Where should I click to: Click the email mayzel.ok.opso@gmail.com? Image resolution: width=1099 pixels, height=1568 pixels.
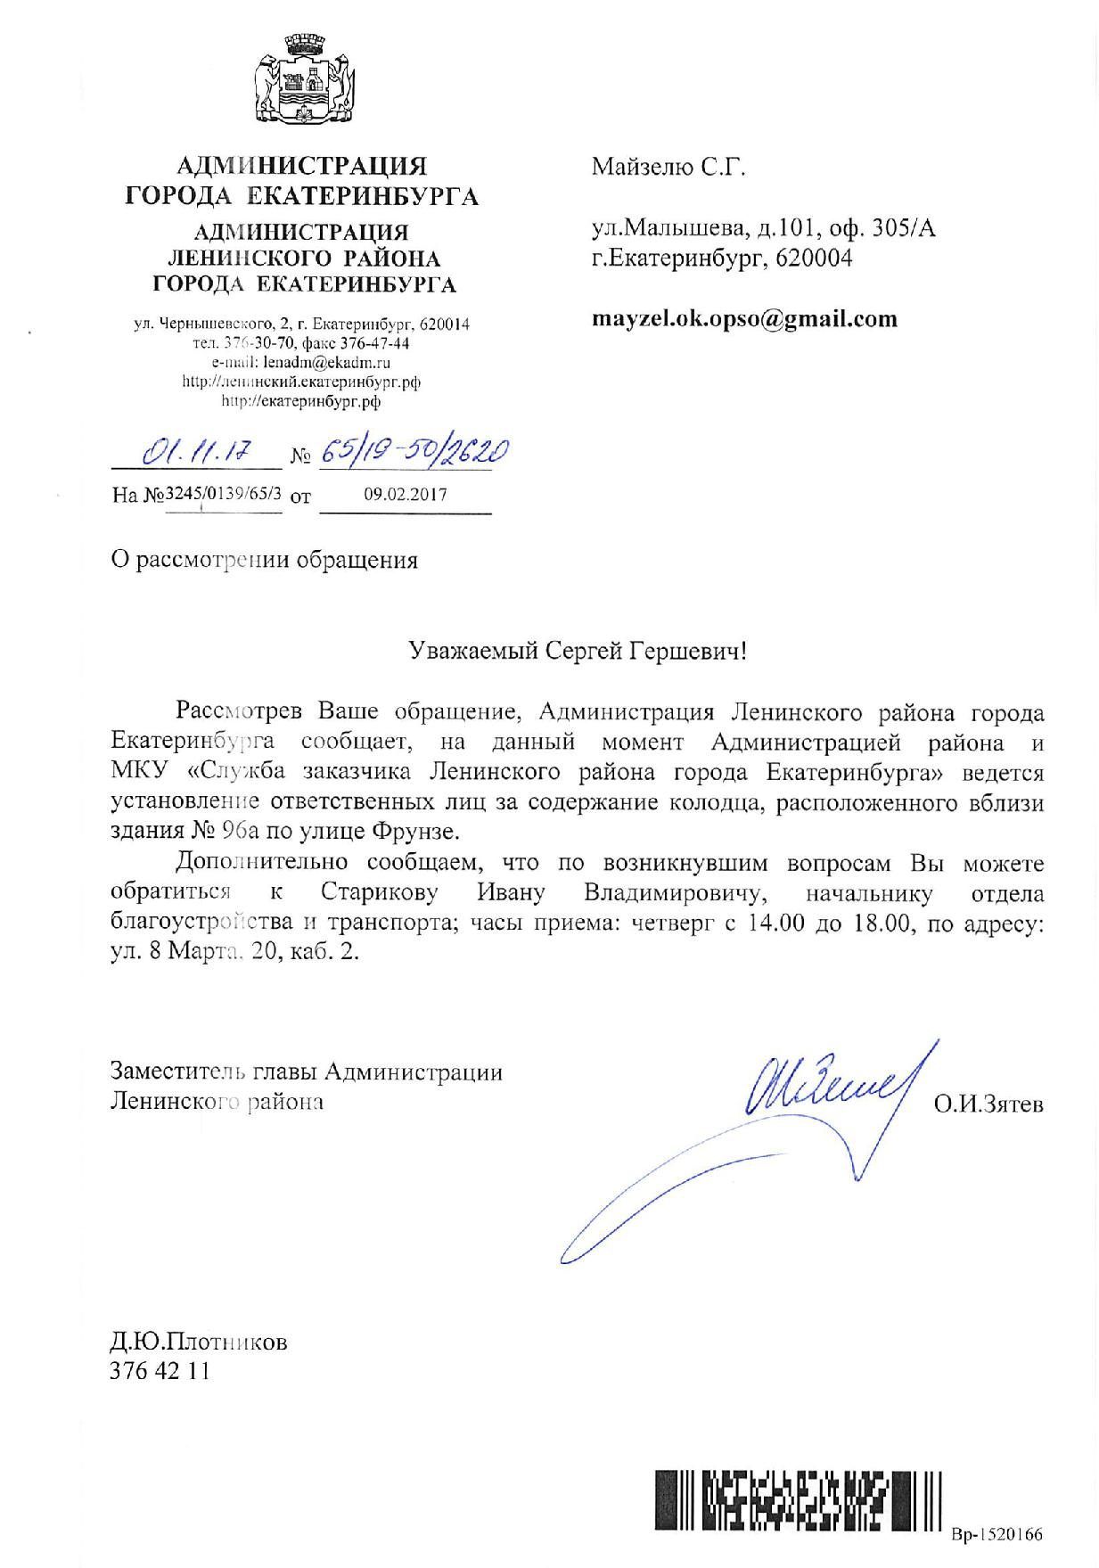point(744,319)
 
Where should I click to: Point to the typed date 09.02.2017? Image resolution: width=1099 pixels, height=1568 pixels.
point(406,494)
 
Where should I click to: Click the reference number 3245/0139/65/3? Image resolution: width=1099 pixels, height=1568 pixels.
point(224,494)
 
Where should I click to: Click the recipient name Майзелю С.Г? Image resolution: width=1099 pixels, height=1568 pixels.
point(668,167)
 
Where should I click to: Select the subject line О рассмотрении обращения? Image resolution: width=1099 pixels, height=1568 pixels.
point(264,561)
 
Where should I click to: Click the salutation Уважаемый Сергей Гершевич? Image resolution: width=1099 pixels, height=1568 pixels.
point(577,652)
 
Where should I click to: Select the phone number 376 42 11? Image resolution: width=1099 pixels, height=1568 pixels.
point(160,1370)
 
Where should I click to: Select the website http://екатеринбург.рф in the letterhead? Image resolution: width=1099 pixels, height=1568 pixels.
point(300,401)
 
